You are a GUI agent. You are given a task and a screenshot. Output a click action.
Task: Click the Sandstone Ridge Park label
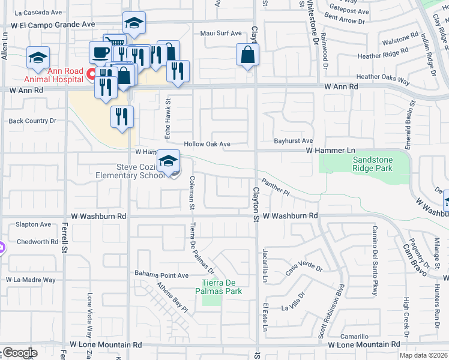click(372, 164)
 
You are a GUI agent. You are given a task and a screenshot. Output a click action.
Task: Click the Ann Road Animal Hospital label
click(53, 75)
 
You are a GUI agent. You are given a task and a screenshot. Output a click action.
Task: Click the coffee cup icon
click(100, 52)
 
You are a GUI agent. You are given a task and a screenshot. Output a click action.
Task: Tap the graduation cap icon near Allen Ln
click(38, 58)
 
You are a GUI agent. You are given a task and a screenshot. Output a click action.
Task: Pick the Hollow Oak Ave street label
click(207, 145)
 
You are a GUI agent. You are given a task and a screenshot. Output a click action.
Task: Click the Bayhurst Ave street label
click(294, 140)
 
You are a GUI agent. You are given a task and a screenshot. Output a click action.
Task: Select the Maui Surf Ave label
click(220, 33)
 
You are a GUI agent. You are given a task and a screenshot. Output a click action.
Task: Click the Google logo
click(19, 353)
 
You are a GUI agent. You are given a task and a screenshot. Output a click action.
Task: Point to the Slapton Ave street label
click(34, 224)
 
